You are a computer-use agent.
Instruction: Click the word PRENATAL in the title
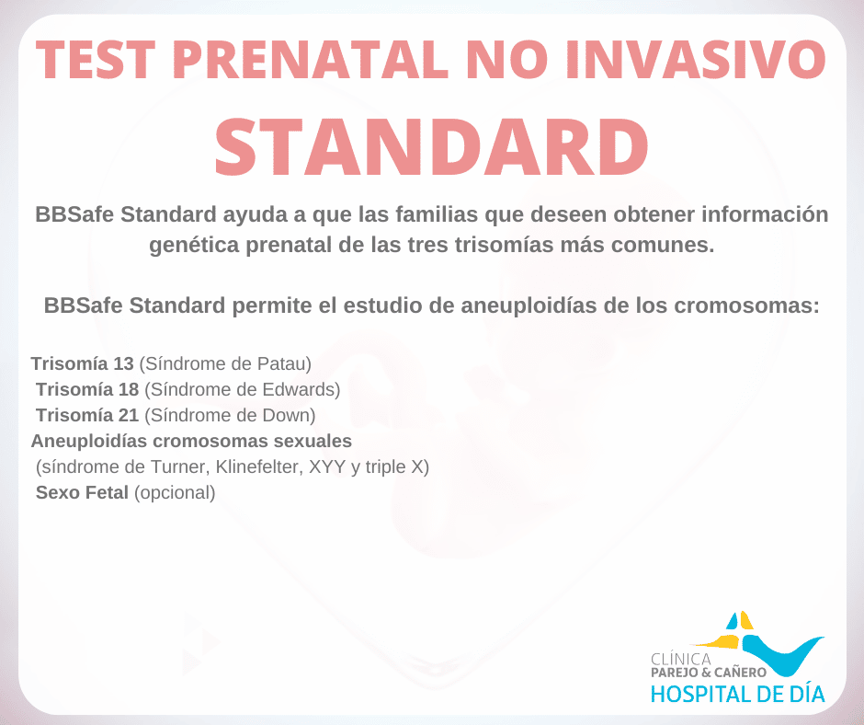pyautogui.click(x=311, y=59)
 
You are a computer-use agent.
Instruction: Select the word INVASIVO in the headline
pyautogui.click(x=696, y=59)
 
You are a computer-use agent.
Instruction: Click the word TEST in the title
pyautogui.click(x=96, y=59)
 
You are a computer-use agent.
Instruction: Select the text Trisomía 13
pyautogui.click(x=82, y=363)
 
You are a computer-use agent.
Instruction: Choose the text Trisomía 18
pyautogui.click(x=87, y=389)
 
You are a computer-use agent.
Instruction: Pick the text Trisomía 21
pyautogui.click(x=87, y=415)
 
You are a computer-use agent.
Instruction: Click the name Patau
pyautogui.click(x=281, y=363)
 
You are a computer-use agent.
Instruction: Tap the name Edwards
pyautogui.click(x=298, y=389)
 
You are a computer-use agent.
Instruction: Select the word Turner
pyautogui.click(x=180, y=466)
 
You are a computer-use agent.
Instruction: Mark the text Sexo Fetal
pyautogui.click(x=82, y=492)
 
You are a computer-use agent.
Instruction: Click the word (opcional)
pyautogui.click(x=175, y=493)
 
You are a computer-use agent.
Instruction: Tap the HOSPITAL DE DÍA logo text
pyautogui.click(x=738, y=694)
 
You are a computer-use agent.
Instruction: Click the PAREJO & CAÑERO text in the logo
pyautogui.click(x=709, y=672)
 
